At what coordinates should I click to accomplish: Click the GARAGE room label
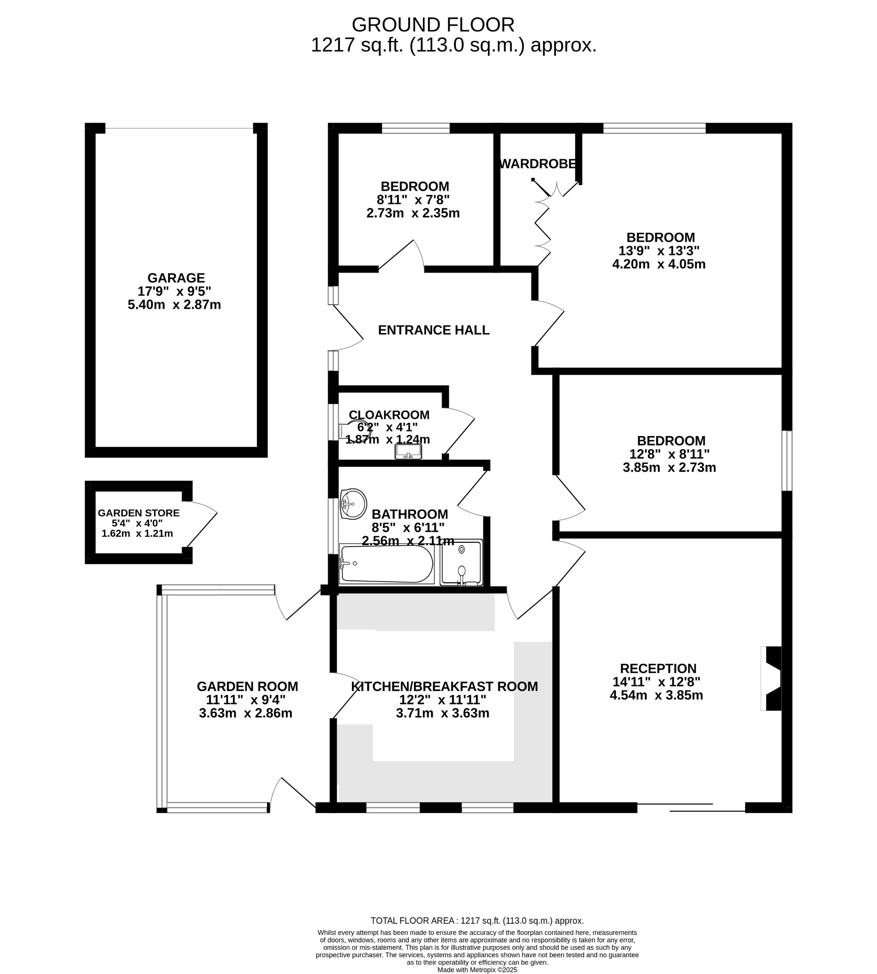pyautogui.click(x=176, y=278)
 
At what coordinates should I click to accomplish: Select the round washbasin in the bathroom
pyautogui.click(x=353, y=504)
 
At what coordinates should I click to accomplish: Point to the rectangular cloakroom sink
pyautogui.click(x=408, y=452)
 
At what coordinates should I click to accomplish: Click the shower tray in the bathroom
pyautogui.click(x=461, y=562)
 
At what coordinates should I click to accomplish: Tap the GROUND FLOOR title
pyautogui.click(x=433, y=25)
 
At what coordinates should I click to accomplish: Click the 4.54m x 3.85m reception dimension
pyautogui.click(x=656, y=695)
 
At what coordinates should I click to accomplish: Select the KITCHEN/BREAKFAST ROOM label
pyautogui.click(x=444, y=686)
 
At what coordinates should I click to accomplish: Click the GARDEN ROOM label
pyautogui.click(x=247, y=686)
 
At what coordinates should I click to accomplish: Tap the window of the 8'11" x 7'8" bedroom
pyautogui.click(x=415, y=128)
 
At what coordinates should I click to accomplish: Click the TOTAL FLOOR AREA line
pyautogui.click(x=477, y=921)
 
